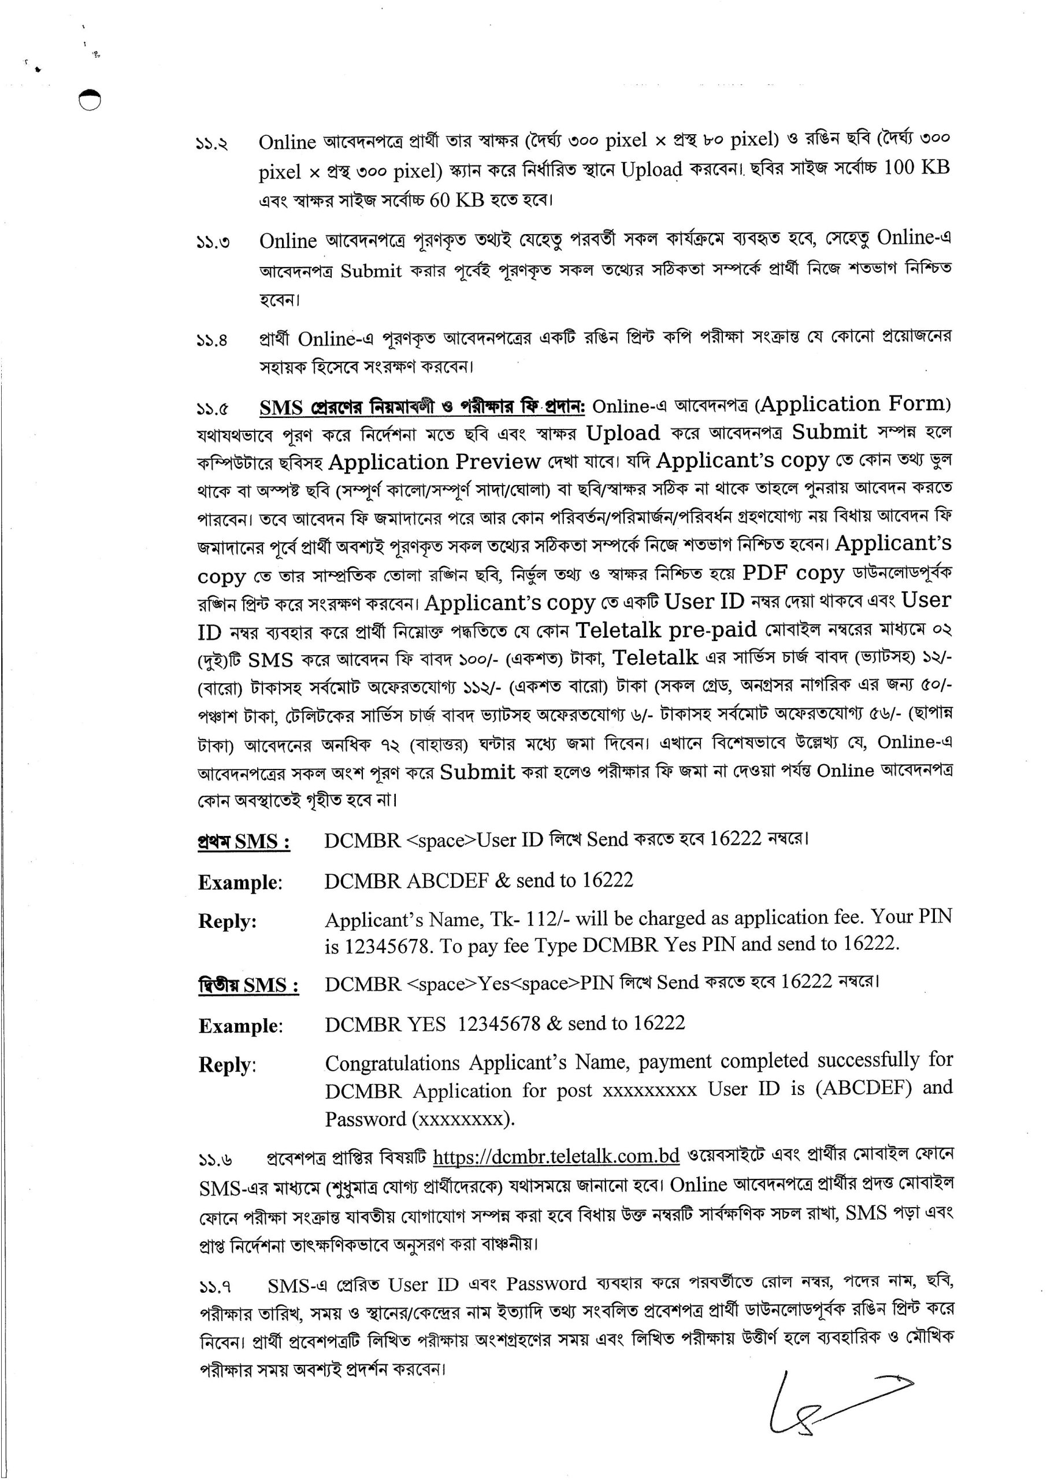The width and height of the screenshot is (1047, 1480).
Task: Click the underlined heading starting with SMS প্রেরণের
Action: click(422, 408)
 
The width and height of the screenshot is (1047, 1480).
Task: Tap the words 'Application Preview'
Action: click(434, 462)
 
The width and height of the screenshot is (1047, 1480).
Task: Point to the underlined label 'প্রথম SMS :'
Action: click(244, 842)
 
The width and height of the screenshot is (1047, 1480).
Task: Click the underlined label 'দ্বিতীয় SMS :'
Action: click(248, 985)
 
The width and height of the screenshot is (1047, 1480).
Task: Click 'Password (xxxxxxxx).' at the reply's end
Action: click(419, 1119)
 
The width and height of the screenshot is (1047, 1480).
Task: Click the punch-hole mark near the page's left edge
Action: click(90, 100)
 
